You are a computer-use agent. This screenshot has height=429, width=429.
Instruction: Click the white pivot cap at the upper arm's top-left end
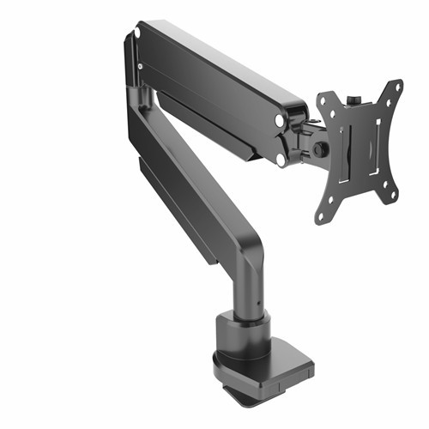point(136,34)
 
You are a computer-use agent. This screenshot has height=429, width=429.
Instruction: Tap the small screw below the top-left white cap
point(139,65)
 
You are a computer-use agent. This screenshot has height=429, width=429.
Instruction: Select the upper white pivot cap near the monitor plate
point(281,122)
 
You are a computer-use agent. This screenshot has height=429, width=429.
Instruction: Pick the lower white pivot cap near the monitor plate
point(281,159)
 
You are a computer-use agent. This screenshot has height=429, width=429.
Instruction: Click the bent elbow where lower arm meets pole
point(249,249)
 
